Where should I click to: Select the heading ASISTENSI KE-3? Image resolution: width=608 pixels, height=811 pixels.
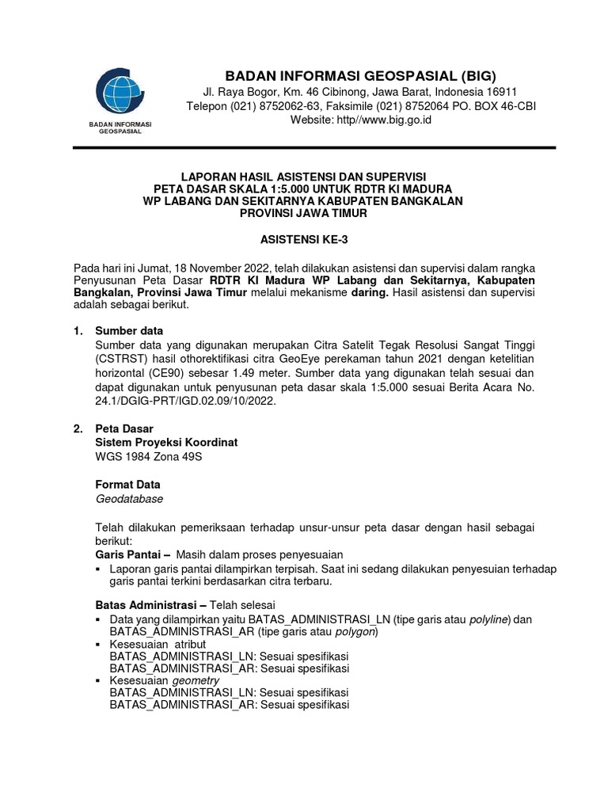pos(303,238)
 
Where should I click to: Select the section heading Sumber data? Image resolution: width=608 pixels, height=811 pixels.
pos(129,330)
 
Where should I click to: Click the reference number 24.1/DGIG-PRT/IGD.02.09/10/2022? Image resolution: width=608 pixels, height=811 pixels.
pos(187,402)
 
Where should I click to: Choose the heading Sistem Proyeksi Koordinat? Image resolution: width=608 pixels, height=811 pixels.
pos(166,443)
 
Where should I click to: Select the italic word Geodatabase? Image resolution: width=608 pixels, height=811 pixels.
pos(129,500)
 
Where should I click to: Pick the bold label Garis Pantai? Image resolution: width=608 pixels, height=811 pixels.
pos(130,554)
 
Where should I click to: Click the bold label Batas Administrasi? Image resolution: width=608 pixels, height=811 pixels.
pos(148,604)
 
